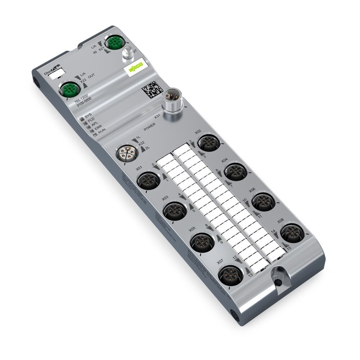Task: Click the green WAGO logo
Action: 136,68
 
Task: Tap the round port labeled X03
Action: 174,210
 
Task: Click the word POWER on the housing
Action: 149,127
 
